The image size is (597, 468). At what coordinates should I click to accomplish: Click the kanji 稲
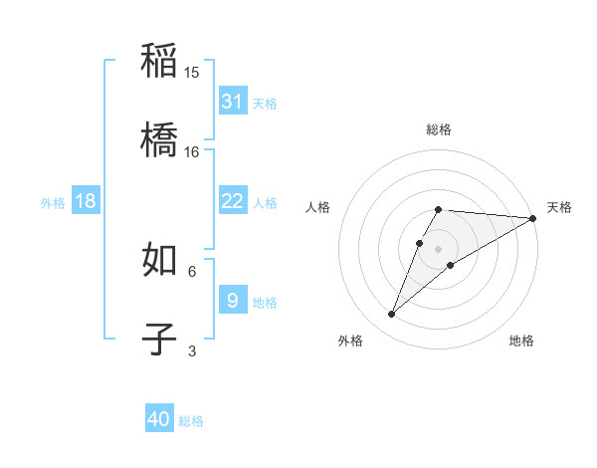pyautogui.click(x=160, y=62)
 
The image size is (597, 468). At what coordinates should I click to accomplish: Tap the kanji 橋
pyautogui.click(x=160, y=140)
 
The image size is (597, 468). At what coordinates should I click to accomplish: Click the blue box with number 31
pyautogui.click(x=233, y=102)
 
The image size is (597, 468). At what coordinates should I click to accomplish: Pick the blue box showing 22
pyautogui.click(x=233, y=202)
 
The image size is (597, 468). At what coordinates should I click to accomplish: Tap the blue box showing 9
pyautogui.click(x=233, y=301)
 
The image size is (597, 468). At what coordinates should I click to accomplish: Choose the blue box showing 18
pyautogui.click(x=86, y=202)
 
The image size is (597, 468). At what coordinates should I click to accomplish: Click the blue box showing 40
pyautogui.click(x=159, y=419)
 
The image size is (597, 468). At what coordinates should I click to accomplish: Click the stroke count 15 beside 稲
pyautogui.click(x=192, y=73)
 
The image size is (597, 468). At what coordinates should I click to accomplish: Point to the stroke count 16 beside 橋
pyautogui.click(x=192, y=152)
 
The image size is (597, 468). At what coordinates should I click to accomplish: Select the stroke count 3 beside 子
pyautogui.click(x=192, y=351)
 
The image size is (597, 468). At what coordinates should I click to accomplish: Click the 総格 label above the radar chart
pyautogui.click(x=439, y=129)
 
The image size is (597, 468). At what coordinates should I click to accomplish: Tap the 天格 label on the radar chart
pyautogui.click(x=559, y=207)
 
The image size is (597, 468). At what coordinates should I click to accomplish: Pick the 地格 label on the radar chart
pyautogui.click(x=521, y=341)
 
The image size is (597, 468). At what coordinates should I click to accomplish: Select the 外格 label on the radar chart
pyautogui.click(x=350, y=341)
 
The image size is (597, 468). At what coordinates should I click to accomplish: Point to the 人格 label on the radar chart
pyautogui.click(x=318, y=207)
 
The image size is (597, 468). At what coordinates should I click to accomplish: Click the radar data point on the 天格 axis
pyautogui.click(x=533, y=218)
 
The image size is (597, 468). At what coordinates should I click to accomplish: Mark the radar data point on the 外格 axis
pyautogui.click(x=392, y=315)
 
